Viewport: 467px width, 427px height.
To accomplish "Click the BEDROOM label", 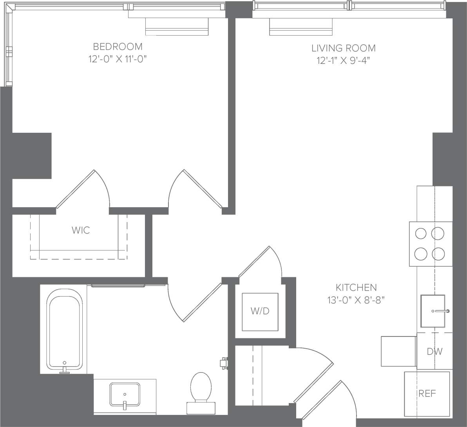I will (118, 47).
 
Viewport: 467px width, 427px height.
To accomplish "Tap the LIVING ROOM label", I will (343, 48).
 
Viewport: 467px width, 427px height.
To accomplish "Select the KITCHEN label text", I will (356, 288).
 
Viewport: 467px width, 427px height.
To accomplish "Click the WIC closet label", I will (81, 230).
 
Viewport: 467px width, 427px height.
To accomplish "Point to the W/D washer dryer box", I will (260, 311).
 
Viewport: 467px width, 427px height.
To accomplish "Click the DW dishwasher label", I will (434, 351).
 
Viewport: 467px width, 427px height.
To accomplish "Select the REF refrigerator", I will (427, 393).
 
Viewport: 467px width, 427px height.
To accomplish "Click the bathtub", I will (65, 329).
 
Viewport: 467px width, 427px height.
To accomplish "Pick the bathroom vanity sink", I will (125, 394).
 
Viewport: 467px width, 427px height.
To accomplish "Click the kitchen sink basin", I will (433, 311).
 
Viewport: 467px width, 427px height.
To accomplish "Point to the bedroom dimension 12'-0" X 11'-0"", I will (118, 59).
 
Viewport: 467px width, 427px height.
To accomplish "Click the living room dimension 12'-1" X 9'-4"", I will (343, 60).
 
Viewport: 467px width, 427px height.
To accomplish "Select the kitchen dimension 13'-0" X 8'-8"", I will (356, 300).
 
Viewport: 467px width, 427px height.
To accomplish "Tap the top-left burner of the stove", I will (421, 234).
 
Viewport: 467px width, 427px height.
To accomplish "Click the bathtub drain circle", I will (65, 363).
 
